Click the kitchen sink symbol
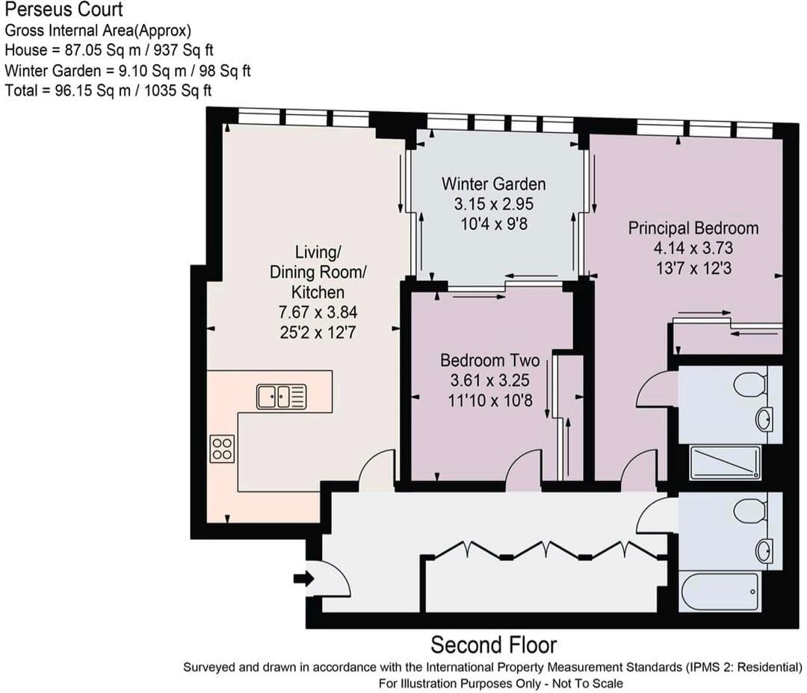point(281,397)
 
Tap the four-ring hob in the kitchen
point(222,449)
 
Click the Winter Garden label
point(493,184)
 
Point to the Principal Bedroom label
point(693,228)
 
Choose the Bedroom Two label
point(489,361)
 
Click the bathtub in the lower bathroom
point(720,591)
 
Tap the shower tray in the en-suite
point(725,462)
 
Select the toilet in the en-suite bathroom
point(749,385)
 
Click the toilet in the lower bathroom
point(749,511)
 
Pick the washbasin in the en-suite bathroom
point(764,419)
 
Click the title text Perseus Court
point(64,10)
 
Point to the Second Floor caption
point(493,644)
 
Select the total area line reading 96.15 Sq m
point(108,90)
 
